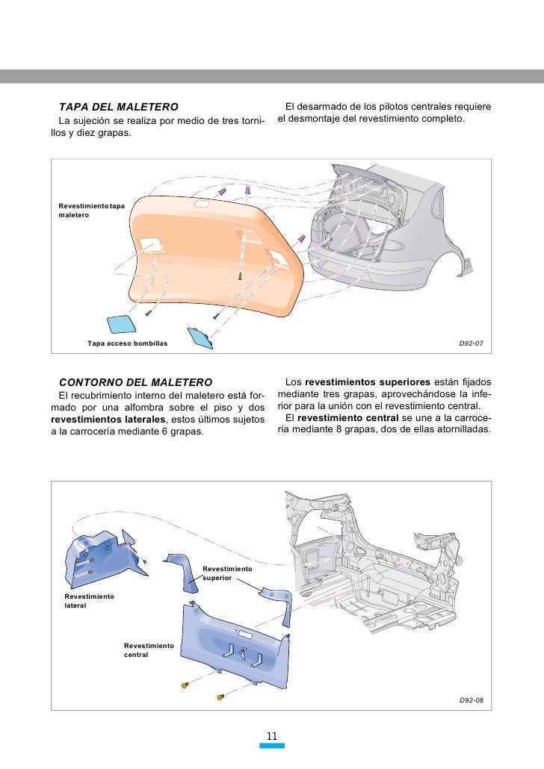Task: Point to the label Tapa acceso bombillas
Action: [x=127, y=343]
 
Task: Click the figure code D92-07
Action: [x=471, y=343]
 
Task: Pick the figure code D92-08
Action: [x=471, y=701]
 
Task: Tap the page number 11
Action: [x=272, y=737]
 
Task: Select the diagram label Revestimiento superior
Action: [x=227, y=573]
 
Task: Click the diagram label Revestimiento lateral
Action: [x=89, y=601]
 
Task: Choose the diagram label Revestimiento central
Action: [x=149, y=650]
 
